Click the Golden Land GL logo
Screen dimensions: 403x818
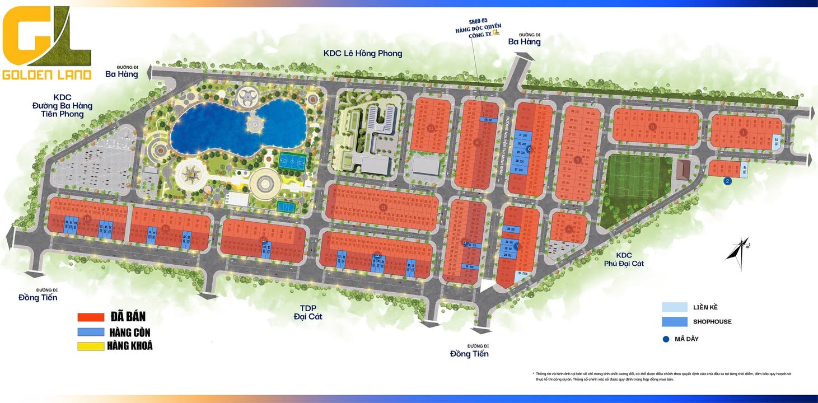(46, 45)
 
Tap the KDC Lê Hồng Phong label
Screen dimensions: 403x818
(363, 53)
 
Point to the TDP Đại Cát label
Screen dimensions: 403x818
(307, 312)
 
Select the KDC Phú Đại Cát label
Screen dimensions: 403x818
(623, 259)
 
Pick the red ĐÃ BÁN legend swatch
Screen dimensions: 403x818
(91, 317)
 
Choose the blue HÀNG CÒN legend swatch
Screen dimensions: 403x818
(91, 332)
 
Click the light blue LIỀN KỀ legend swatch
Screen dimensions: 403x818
(674, 307)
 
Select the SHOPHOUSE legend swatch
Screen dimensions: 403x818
(674, 322)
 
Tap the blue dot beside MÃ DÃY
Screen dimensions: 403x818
(666, 339)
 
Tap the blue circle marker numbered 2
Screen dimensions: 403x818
(727, 181)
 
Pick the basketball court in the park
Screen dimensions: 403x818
(293, 161)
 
